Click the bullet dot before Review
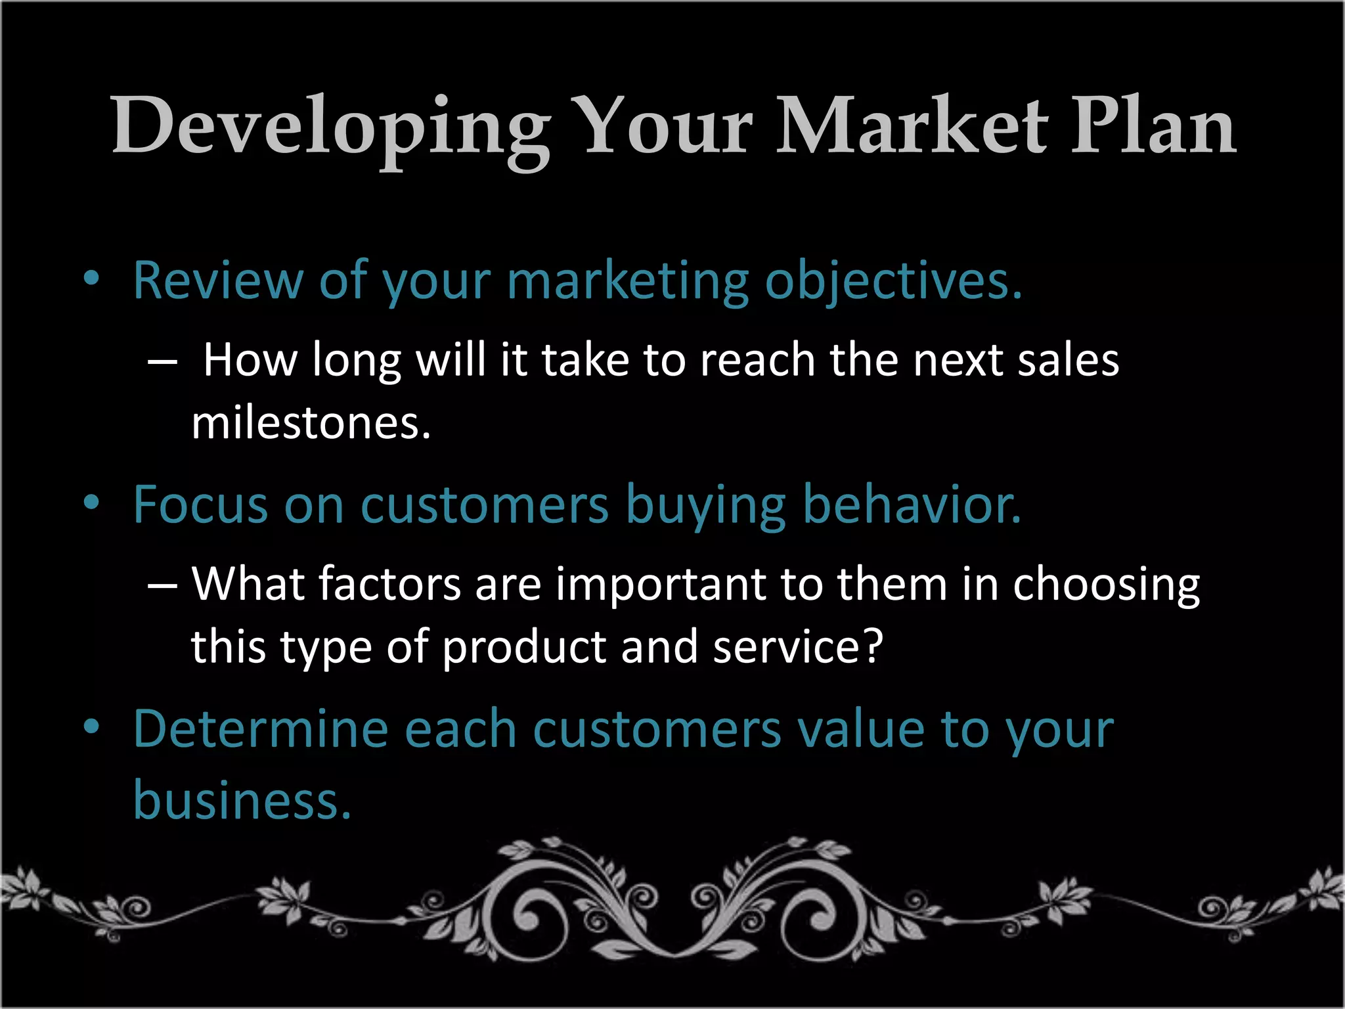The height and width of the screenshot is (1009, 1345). pos(91,279)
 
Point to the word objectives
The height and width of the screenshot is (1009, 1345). pos(893,281)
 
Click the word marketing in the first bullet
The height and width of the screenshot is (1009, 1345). pos(627,281)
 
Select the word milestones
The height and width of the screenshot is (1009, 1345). pos(311,423)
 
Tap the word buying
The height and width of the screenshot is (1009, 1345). pos(705,506)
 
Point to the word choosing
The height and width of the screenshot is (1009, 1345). pos(1106,585)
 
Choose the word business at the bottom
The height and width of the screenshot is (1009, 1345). pos(242,800)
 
